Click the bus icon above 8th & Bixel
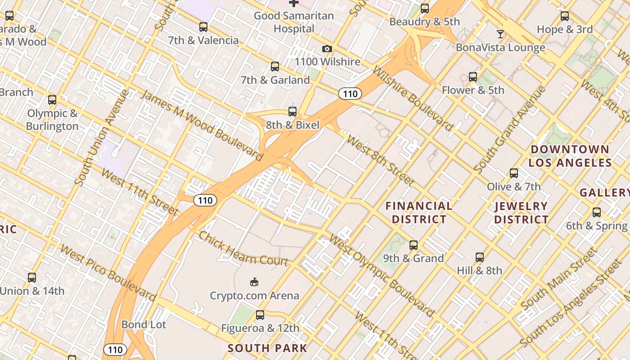point(292,112)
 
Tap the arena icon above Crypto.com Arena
point(254,282)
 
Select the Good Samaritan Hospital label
point(294,22)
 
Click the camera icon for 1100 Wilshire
point(327,49)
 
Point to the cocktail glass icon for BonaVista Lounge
point(500,34)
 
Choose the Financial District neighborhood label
point(419,212)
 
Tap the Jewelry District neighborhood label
point(521,213)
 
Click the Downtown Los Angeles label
point(570,156)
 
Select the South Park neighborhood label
point(267,348)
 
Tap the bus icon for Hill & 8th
point(480,257)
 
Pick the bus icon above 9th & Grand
point(413,245)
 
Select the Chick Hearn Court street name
point(243,249)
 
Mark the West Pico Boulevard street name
point(108,273)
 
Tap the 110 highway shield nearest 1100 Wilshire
point(350,94)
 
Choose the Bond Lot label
point(144,324)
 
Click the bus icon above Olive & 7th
point(513,173)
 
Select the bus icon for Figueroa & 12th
point(260,315)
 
